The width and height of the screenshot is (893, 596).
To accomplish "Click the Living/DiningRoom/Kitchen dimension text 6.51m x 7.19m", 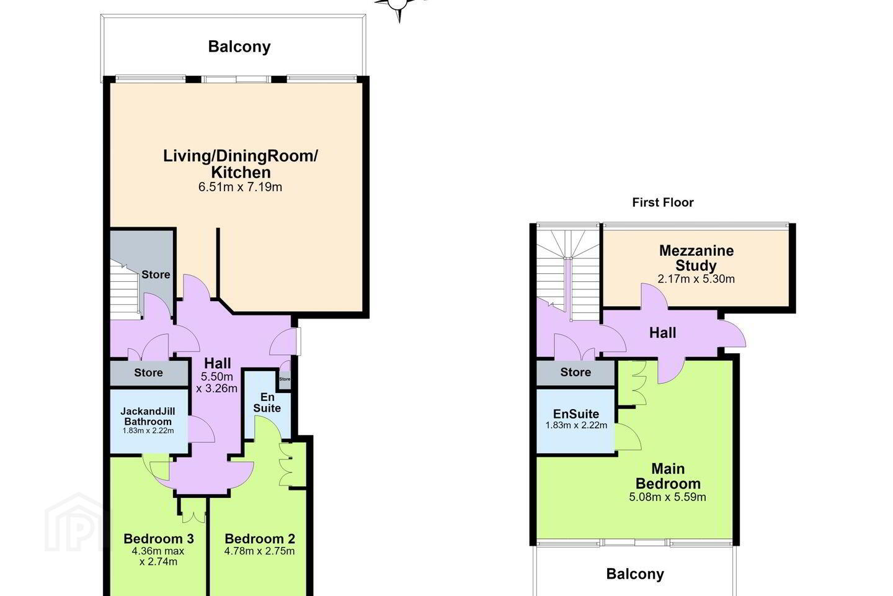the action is tap(240, 187).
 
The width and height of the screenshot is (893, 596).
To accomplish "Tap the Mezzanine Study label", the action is tap(696, 258).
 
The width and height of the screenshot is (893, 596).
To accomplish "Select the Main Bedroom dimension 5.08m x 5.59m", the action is tap(667, 497).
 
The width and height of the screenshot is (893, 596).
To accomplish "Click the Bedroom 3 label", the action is tap(159, 538).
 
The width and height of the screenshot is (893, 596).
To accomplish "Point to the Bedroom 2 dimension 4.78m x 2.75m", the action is tap(259, 551).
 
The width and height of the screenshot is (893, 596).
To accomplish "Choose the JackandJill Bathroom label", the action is tap(148, 417).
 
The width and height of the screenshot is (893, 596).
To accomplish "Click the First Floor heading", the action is tap(662, 202).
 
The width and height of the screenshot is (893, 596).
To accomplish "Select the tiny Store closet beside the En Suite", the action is tap(285, 379).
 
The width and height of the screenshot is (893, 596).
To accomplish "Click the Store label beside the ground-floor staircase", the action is tap(156, 274).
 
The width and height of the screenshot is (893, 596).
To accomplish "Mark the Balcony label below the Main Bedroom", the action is tap(634, 574).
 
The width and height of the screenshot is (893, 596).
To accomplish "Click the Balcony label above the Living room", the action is tap(239, 47).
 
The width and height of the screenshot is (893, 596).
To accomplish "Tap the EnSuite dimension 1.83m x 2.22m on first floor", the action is tap(576, 425).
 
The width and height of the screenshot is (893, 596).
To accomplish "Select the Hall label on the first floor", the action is tap(662, 333).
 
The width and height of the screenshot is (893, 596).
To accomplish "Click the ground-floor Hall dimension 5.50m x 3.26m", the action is tap(217, 382).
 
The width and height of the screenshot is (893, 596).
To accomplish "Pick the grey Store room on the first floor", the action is tap(575, 373).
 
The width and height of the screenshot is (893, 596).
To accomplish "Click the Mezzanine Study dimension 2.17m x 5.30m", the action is tap(696, 279).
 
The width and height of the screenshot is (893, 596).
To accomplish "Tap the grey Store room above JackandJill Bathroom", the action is tap(149, 373).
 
